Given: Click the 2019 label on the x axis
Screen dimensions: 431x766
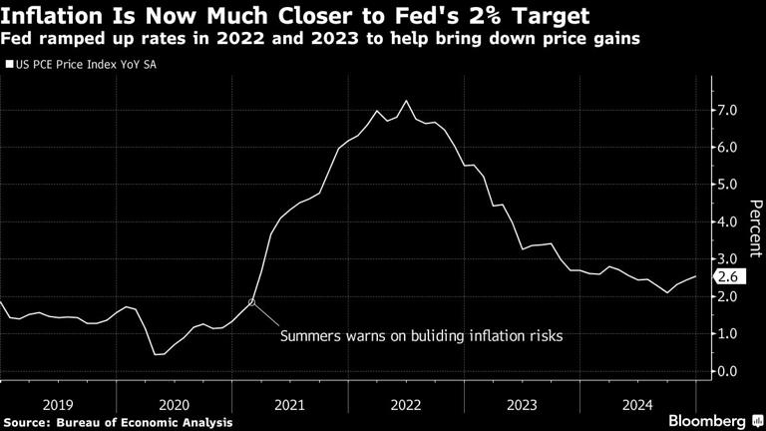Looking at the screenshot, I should tap(58, 404).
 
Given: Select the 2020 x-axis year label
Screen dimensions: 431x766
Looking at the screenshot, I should tap(174, 404).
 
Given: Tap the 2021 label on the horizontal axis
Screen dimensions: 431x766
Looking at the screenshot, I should tap(289, 404).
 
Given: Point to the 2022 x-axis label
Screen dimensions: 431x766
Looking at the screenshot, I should tap(405, 404).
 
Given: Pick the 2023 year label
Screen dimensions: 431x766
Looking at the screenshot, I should tap(521, 404).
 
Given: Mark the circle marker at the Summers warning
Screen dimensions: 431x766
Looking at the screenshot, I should tap(252, 301).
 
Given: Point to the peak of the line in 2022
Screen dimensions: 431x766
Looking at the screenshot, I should tap(405, 101).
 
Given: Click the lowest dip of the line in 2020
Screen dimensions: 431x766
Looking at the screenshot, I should tap(158, 354).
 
